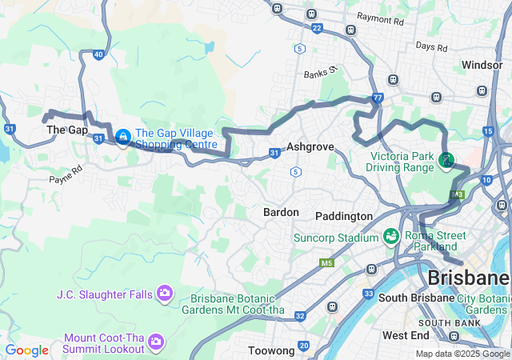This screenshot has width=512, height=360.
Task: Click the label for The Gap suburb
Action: pyautogui.click(x=67, y=130)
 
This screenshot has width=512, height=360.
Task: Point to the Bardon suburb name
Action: pyautogui.click(x=281, y=212)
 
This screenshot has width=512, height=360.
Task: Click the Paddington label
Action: pyautogui.click(x=344, y=216)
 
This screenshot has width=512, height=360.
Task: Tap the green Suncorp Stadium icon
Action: pyautogui.click(x=390, y=237)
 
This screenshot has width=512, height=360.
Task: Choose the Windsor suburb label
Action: pyautogui.click(x=482, y=64)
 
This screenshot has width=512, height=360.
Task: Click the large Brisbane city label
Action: pyautogui.click(x=469, y=278)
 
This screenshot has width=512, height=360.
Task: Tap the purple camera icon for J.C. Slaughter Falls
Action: pyautogui.click(x=164, y=294)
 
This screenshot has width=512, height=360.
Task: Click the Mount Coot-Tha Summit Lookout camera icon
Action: pyautogui.click(x=156, y=342)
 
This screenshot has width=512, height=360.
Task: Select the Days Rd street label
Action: pyautogui.click(x=431, y=46)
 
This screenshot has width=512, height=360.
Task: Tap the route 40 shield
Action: pyautogui.click(x=98, y=54)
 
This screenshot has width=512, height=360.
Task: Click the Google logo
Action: pyautogui.click(x=26, y=350)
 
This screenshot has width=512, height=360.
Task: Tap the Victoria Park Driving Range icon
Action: pyautogui.click(x=445, y=162)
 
